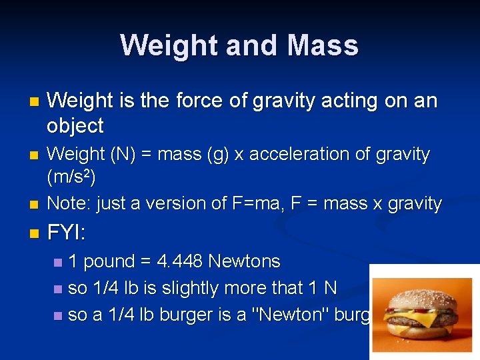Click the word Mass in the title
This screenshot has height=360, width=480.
pos(323,45)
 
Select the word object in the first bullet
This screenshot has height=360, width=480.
pos(75,125)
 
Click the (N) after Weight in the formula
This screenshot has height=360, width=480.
pos(119,154)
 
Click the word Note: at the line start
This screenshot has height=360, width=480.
pos(69,203)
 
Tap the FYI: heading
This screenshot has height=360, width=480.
pos(67,233)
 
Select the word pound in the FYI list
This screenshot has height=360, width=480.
pos(110,261)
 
